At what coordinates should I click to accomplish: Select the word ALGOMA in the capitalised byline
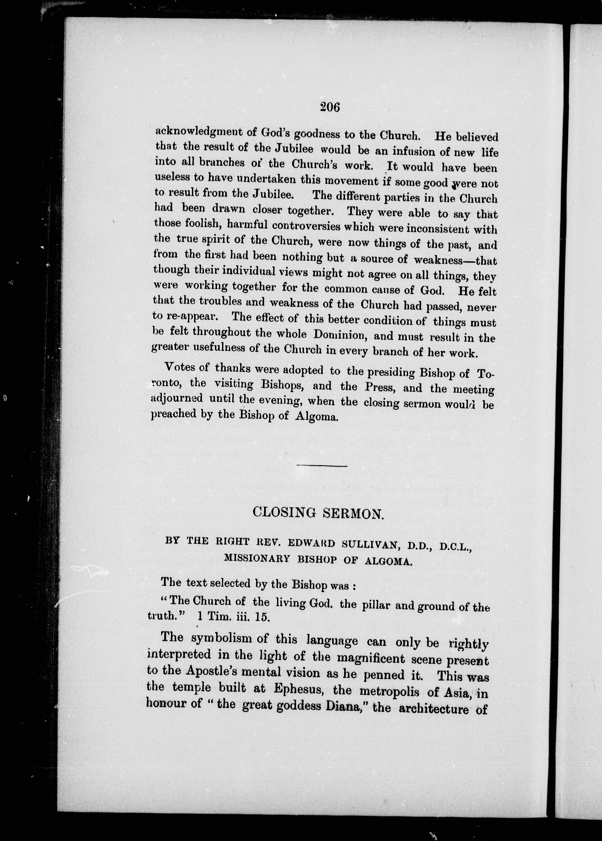click(x=388, y=561)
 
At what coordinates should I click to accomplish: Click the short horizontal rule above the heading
click(x=322, y=466)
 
